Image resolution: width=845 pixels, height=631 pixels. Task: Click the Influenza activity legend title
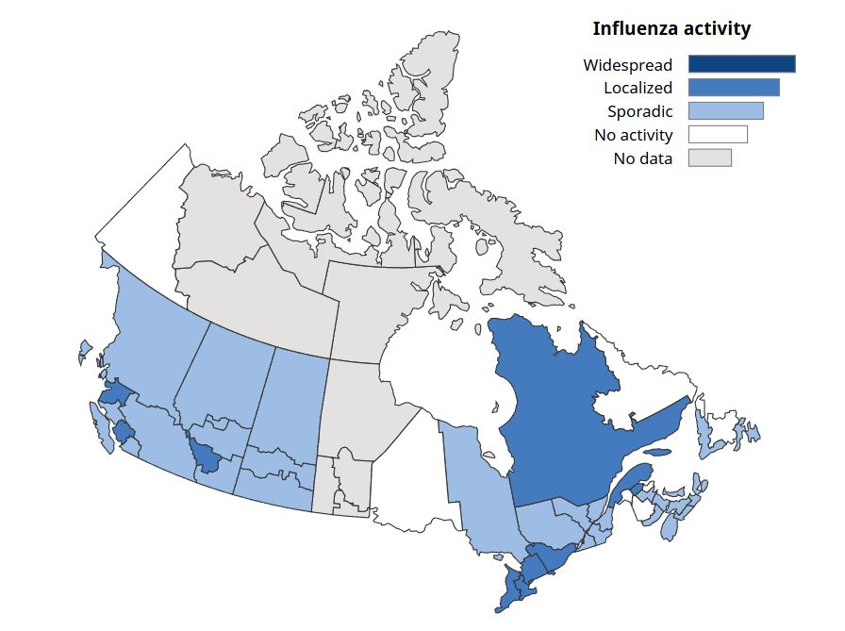(x=671, y=28)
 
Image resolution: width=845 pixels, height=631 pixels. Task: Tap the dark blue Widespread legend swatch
(x=741, y=64)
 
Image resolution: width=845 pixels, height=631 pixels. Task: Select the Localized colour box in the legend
(x=734, y=88)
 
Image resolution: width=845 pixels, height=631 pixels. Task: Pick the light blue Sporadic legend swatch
(x=725, y=111)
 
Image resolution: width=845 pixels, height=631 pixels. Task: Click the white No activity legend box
(x=718, y=135)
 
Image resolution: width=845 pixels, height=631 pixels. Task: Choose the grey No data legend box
(x=709, y=158)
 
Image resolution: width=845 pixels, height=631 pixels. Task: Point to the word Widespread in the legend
(x=627, y=65)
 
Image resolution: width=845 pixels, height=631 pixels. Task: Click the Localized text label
(x=638, y=88)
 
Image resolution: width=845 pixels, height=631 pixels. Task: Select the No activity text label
(x=633, y=135)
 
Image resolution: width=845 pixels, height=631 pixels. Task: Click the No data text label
(x=642, y=158)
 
